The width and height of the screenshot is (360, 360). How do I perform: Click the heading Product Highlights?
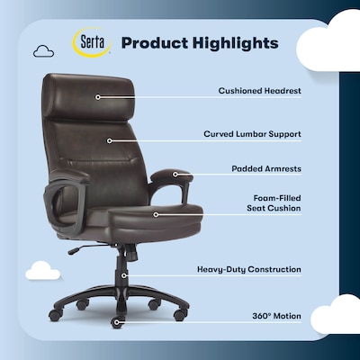click(199, 43)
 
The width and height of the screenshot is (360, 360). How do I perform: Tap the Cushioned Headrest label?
click(259, 91)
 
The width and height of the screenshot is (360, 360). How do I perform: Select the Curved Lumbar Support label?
click(252, 133)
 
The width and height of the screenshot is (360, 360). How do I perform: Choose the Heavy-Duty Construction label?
click(249, 269)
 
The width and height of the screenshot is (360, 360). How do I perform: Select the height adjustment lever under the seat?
click(83, 247)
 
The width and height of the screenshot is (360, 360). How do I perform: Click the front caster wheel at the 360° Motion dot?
click(116, 321)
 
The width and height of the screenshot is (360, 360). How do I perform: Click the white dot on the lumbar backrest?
click(109, 139)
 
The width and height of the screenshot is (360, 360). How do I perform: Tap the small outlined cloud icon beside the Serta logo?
click(43, 52)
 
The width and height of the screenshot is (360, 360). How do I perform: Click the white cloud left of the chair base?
click(43, 269)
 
